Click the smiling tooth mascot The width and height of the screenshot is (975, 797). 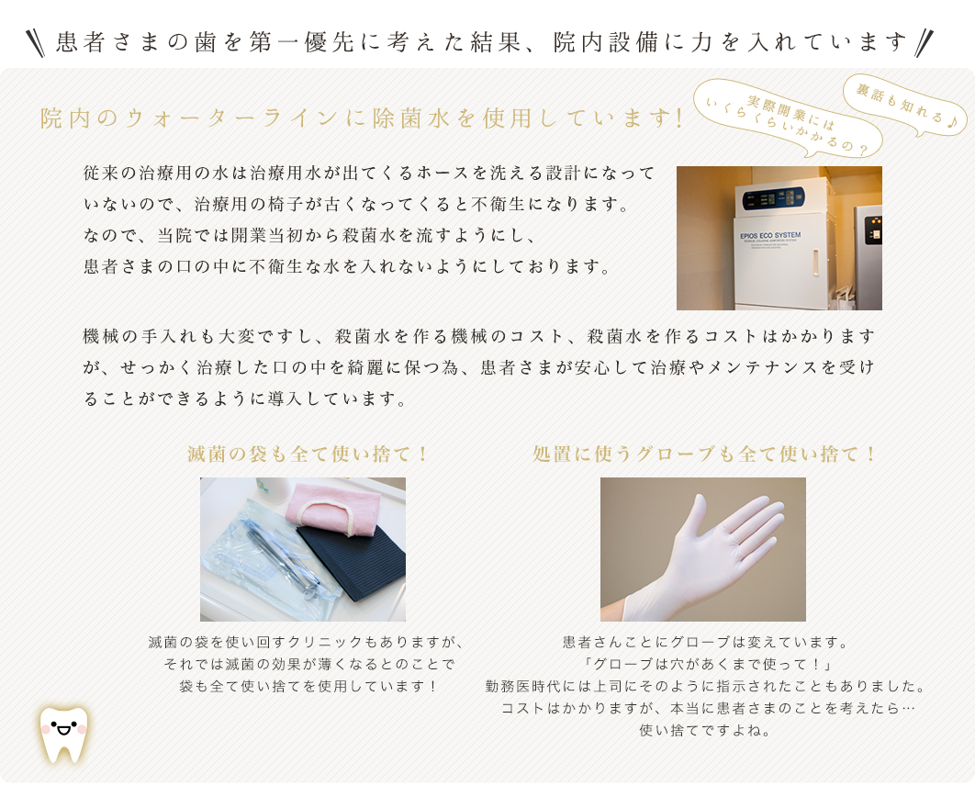tap(64, 735)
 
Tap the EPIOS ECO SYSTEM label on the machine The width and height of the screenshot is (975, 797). tap(770, 236)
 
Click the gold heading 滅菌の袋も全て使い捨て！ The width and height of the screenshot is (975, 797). tap(308, 454)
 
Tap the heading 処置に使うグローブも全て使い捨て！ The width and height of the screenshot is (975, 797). tap(703, 454)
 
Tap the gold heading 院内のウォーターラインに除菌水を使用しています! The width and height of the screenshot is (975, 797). tap(362, 118)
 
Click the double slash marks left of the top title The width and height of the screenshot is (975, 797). tap(36, 43)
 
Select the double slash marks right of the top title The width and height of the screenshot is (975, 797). tap(924, 43)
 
